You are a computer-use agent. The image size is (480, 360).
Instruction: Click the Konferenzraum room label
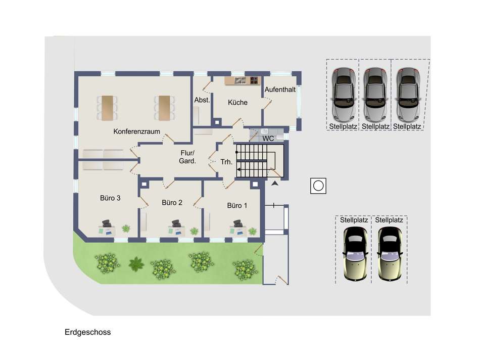click(x=137, y=131)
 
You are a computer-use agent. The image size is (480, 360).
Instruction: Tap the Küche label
click(x=237, y=103)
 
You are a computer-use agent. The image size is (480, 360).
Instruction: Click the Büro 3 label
click(x=110, y=198)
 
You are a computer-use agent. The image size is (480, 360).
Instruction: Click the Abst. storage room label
click(x=202, y=100)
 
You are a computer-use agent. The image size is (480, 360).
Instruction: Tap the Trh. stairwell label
click(x=226, y=162)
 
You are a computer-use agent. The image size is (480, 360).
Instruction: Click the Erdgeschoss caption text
click(x=87, y=332)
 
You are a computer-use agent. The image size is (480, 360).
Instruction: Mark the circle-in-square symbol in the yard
click(x=318, y=186)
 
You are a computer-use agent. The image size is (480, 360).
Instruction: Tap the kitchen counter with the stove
click(x=242, y=80)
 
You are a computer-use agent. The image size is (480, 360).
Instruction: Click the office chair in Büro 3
click(x=107, y=222)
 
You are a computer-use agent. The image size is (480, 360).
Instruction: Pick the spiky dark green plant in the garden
click(x=136, y=263)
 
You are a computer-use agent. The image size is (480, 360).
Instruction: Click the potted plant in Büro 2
click(x=194, y=231)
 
